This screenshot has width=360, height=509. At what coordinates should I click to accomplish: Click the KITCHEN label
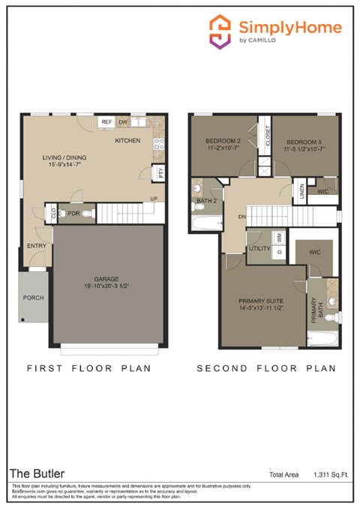point(127,140)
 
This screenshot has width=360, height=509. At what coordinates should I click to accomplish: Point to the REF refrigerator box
point(106,121)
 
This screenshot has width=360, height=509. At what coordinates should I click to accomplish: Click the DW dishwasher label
point(124,121)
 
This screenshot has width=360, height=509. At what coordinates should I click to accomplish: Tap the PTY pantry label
point(160,172)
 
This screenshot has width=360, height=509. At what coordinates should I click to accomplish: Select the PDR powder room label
point(73,214)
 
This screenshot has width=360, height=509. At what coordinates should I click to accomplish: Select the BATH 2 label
point(205,202)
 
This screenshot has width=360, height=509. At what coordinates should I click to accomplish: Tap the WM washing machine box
point(279,236)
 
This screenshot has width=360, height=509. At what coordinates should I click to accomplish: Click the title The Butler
point(37,474)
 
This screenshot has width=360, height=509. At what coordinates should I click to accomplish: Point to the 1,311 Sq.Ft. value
point(333,475)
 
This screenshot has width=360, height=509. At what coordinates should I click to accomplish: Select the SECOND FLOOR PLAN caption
point(265,369)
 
